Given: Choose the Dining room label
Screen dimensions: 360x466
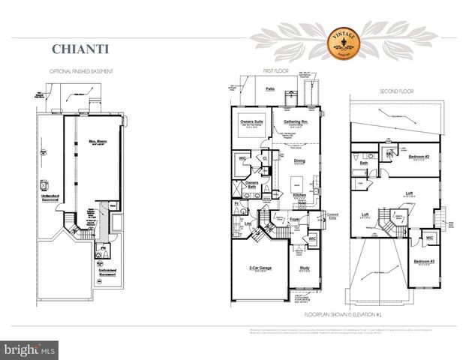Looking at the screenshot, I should [x=299, y=160].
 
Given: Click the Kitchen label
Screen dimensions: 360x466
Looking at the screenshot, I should [x=300, y=195].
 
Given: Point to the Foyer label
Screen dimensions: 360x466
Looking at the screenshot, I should [x=296, y=220].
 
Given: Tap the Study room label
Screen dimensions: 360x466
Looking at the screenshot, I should [x=304, y=268].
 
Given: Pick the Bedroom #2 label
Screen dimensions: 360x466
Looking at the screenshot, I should [x=419, y=157].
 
